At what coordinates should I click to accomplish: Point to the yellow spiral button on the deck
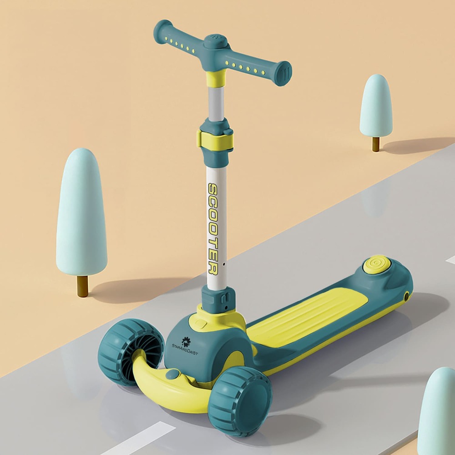tap(376, 264)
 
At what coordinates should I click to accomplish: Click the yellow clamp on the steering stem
tap(215, 139)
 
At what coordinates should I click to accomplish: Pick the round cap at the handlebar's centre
tap(216, 41)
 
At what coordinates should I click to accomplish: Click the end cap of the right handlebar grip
tap(284, 74)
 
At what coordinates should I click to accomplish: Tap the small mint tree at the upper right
tap(376, 106)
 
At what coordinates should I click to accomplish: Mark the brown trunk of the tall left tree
tap(82, 286)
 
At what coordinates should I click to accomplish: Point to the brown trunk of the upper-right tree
tap(375, 144)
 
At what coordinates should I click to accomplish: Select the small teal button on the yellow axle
tap(172, 374)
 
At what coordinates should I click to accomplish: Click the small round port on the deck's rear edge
tap(406, 296)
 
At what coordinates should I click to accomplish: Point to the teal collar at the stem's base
tap(218, 298)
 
